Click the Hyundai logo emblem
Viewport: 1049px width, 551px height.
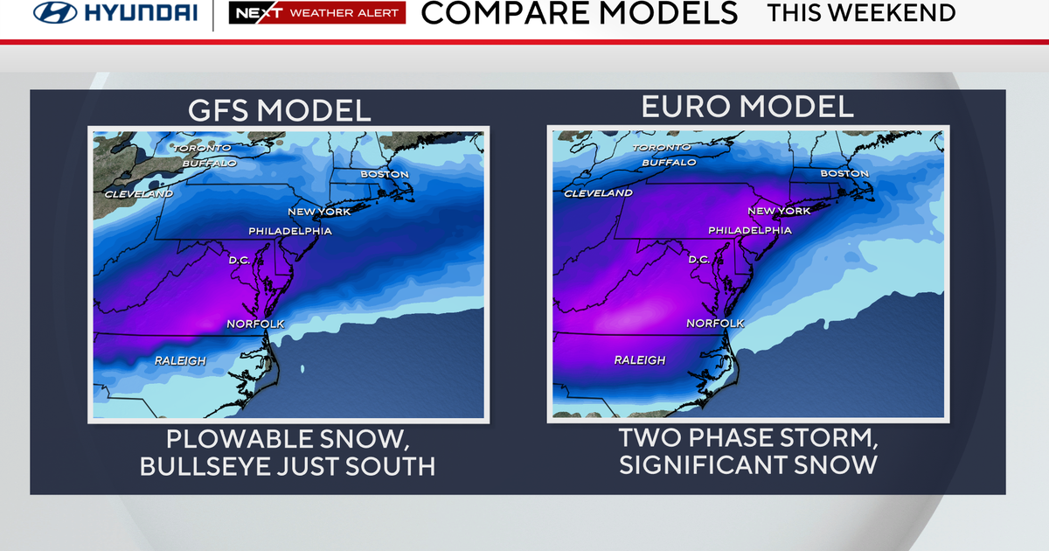click(54, 13)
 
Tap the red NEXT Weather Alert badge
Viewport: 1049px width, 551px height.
click(316, 13)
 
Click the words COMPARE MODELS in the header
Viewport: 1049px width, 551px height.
click(579, 13)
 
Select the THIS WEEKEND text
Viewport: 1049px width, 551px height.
click(861, 13)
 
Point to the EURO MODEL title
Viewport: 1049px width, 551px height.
click(747, 107)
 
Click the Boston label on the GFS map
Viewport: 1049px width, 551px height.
click(385, 174)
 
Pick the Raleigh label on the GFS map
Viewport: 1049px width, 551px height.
click(180, 360)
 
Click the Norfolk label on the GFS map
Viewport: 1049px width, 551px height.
click(255, 324)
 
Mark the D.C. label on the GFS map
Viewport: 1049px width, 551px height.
click(240, 260)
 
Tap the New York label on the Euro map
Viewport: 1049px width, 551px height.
click(779, 211)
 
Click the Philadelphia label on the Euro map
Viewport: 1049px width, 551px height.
click(749, 231)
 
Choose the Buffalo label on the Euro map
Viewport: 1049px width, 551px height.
click(669, 163)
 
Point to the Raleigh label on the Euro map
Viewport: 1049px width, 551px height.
click(640, 360)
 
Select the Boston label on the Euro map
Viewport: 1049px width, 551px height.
click(844, 173)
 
